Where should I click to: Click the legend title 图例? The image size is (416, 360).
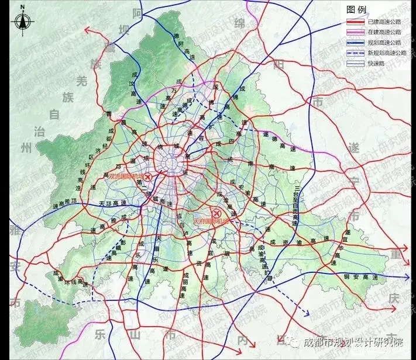pos(356,10)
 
